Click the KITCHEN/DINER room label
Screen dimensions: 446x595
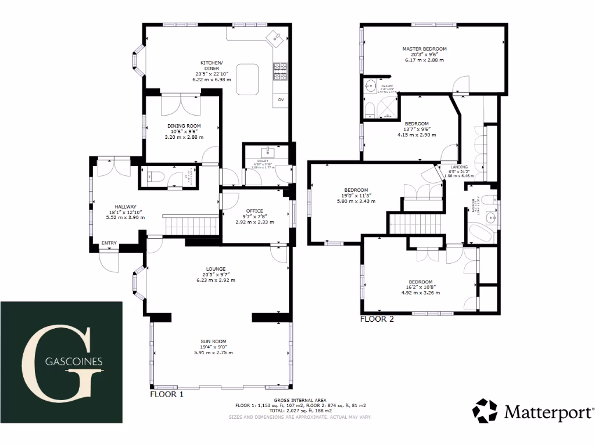point(210,66)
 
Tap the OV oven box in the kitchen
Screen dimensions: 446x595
point(281,100)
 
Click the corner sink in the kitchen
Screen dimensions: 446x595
point(275,38)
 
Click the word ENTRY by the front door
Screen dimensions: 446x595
point(109,243)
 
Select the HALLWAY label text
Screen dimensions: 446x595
point(125,207)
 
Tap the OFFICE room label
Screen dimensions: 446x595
point(255,211)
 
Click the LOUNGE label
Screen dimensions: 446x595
point(216,269)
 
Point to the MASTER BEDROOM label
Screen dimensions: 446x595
point(424,49)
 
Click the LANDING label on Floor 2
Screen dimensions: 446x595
point(459,167)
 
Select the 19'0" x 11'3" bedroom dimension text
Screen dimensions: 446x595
point(356,196)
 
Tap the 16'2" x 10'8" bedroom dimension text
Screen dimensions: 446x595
point(421,287)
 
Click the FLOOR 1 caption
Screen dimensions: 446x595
point(167,394)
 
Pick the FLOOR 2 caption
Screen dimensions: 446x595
point(377,319)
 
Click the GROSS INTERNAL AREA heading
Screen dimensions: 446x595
point(300,400)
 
